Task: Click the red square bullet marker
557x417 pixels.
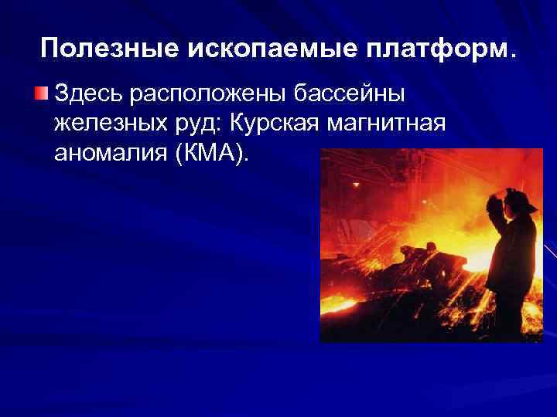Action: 41,95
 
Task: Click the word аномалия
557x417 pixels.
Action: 111,153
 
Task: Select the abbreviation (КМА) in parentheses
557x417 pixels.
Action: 213,153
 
